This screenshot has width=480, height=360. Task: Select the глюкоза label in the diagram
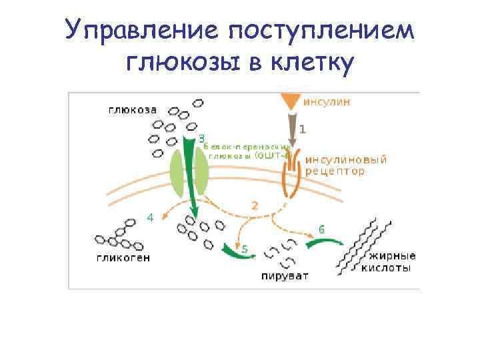click(x=133, y=109)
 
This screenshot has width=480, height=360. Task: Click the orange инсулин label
click(x=327, y=103)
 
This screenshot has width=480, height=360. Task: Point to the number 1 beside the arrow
click(x=302, y=129)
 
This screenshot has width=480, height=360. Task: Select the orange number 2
click(x=254, y=205)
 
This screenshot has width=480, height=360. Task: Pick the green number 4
click(x=151, y=217)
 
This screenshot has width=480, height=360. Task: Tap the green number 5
click(x=245, y=249)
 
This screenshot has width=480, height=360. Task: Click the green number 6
click(x=321, y=229)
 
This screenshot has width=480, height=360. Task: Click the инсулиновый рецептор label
click(x=345, y=165)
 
